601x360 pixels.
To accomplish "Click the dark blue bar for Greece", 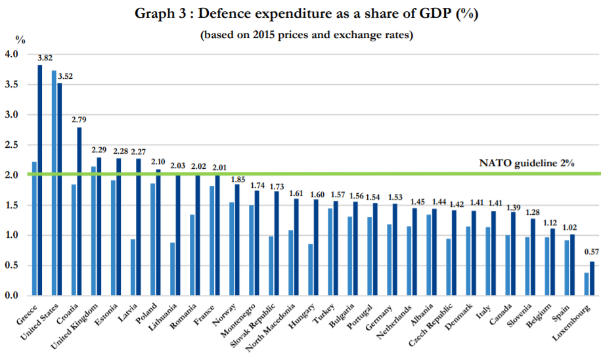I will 40,181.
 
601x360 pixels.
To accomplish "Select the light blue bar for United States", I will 54,183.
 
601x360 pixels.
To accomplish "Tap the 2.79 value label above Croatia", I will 79,120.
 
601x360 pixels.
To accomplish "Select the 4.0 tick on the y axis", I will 14,54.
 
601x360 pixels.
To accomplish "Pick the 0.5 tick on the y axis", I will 14,265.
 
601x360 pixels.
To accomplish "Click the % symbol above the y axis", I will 20,39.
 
